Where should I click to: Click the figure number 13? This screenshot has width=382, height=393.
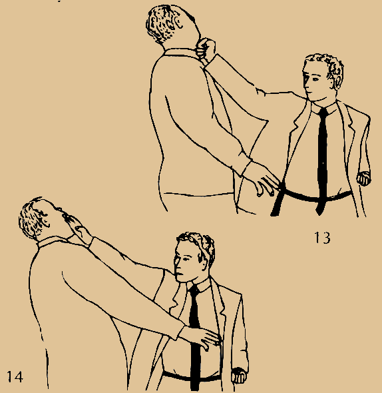[x=322, y=237]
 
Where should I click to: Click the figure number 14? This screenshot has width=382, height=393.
[x=15, y=376]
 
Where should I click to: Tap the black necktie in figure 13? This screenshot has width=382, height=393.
[x=322, y=161]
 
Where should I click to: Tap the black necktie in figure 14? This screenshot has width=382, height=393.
[x=194, y=338]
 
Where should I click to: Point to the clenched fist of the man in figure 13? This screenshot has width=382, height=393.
[x=364, y=179]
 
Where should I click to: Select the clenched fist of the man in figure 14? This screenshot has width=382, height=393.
[x=239, y=375]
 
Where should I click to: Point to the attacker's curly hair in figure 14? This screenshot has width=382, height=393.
[x=34, y=218]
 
